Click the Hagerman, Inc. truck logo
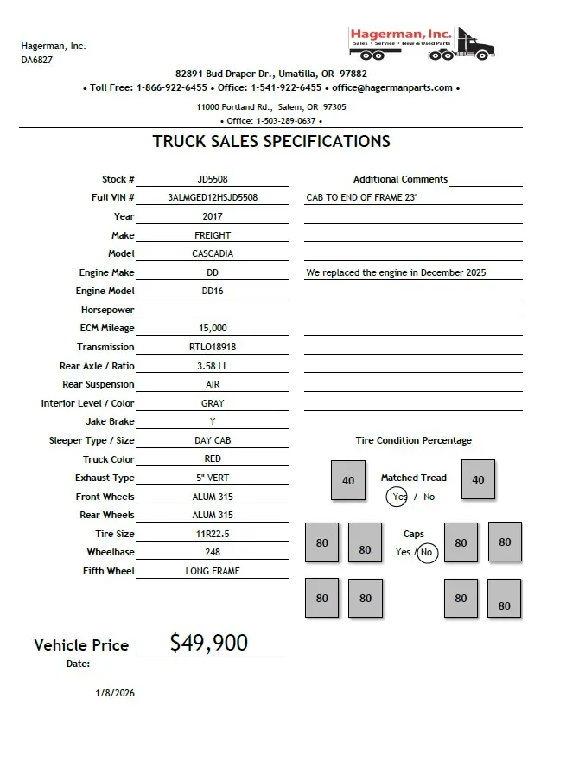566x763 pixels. [422, 43]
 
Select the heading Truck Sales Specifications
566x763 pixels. [271, 142]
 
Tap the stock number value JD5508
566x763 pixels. [213, 180]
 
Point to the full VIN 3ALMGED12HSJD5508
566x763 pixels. [213, 198]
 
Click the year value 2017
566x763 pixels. [213, 217]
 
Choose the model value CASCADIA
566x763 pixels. [213, 254]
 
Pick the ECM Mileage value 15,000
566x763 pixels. [213, 329]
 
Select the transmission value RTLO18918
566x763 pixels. [213, 348]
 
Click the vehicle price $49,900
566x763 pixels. [209, 643]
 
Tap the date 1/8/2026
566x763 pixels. [115, 693]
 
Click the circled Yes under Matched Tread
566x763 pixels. [398, 497]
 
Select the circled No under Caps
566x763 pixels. [427, 552]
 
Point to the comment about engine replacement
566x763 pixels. [396, 273]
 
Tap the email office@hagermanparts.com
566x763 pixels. [392, 87]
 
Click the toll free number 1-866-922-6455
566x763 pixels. [172, 87]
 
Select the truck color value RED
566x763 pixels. [213, 459]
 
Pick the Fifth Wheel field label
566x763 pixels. [109, 572]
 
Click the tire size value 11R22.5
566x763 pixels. [213, 535]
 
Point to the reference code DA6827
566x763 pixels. [37, 61]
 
